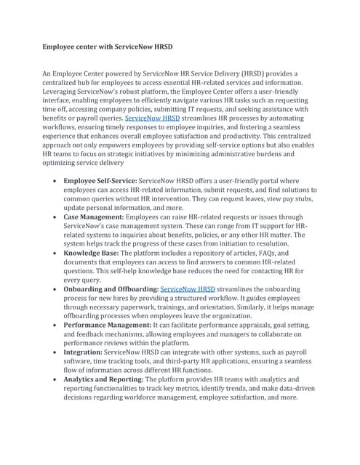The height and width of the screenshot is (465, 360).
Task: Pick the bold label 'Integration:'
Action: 83,351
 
